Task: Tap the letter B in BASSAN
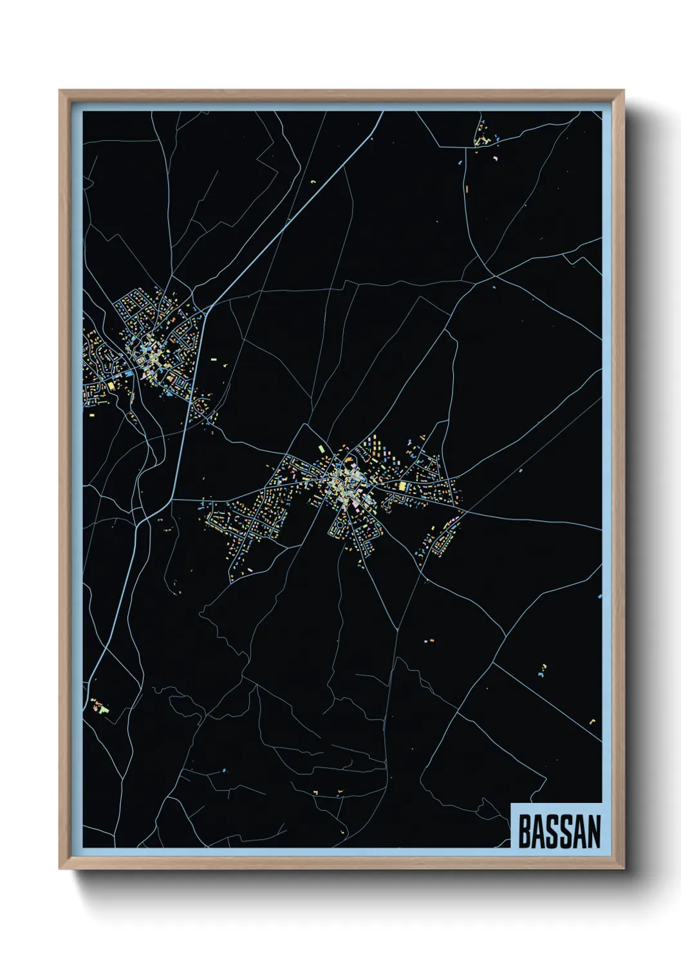pyautogui.click(x=524, y=832)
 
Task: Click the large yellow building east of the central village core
pyautogui.click(x=403, y=486)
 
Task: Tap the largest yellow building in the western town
pyautogui.click(x=110, y=385)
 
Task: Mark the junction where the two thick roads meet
pyautogui.click(x=207, y=311)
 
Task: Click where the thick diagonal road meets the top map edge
pyautogui.click(x=383, y=112)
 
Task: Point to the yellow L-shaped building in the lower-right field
pyautogui.click(x=592, y=722)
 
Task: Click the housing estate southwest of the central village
pyautogui.click(x=248, y=525)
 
